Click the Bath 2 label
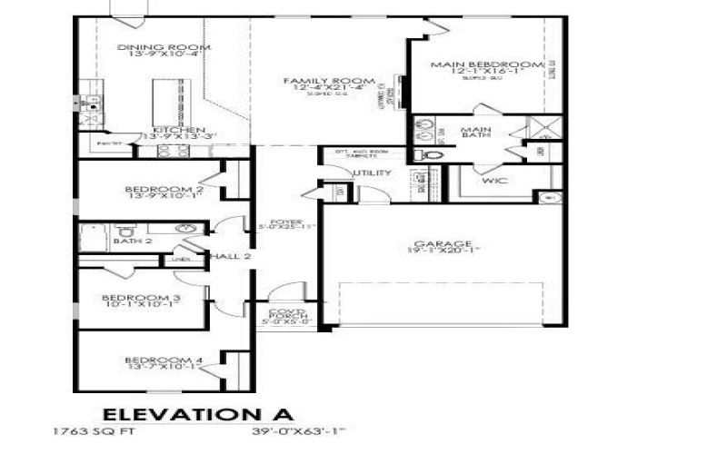click(x=132, y=242)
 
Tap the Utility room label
click(x=372, y=173)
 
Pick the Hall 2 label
click(x=229, y=258)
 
